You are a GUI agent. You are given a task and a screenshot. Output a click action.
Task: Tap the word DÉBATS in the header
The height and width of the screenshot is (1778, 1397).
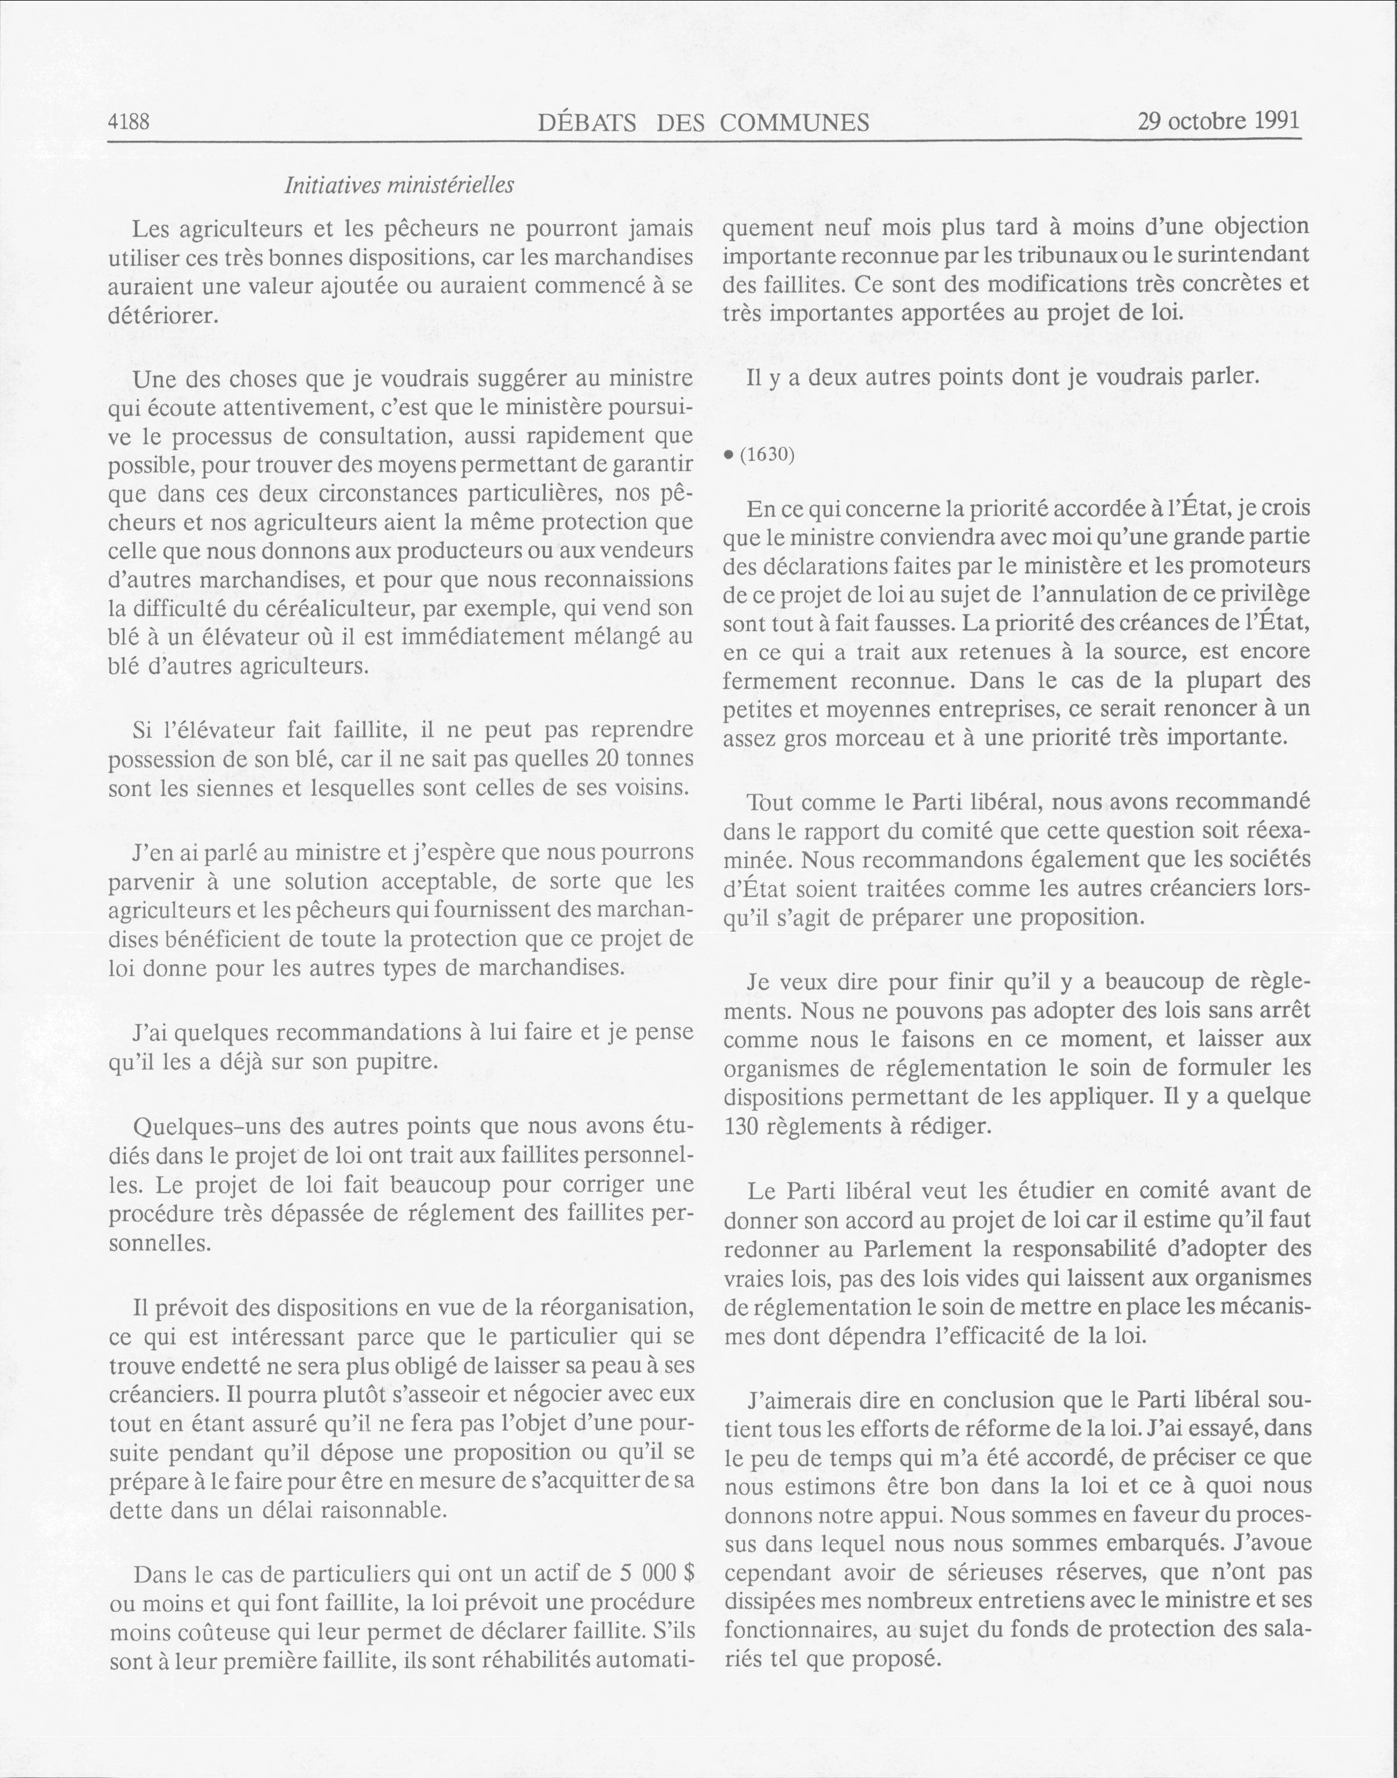click(587, 123)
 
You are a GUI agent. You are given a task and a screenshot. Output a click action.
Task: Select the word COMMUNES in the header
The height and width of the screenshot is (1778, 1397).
click(795, 123)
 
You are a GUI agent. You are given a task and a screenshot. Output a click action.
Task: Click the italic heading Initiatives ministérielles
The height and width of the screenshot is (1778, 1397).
click(399, 185)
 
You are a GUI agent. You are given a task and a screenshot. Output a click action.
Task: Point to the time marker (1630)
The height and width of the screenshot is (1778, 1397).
click(767, 454)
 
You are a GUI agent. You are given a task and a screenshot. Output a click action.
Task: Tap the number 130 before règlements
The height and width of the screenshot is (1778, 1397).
click(741, 1127)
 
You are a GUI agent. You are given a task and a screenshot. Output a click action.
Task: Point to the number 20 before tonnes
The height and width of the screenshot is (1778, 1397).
click(609, 759)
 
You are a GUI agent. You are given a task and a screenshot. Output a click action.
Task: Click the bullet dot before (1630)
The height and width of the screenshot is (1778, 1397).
click(729, 455)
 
